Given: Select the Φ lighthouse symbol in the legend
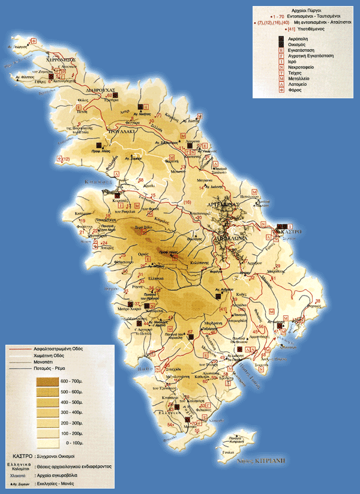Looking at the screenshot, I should click(x=280, y=89).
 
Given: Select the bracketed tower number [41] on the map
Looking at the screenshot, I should click(x=224, y=309).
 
